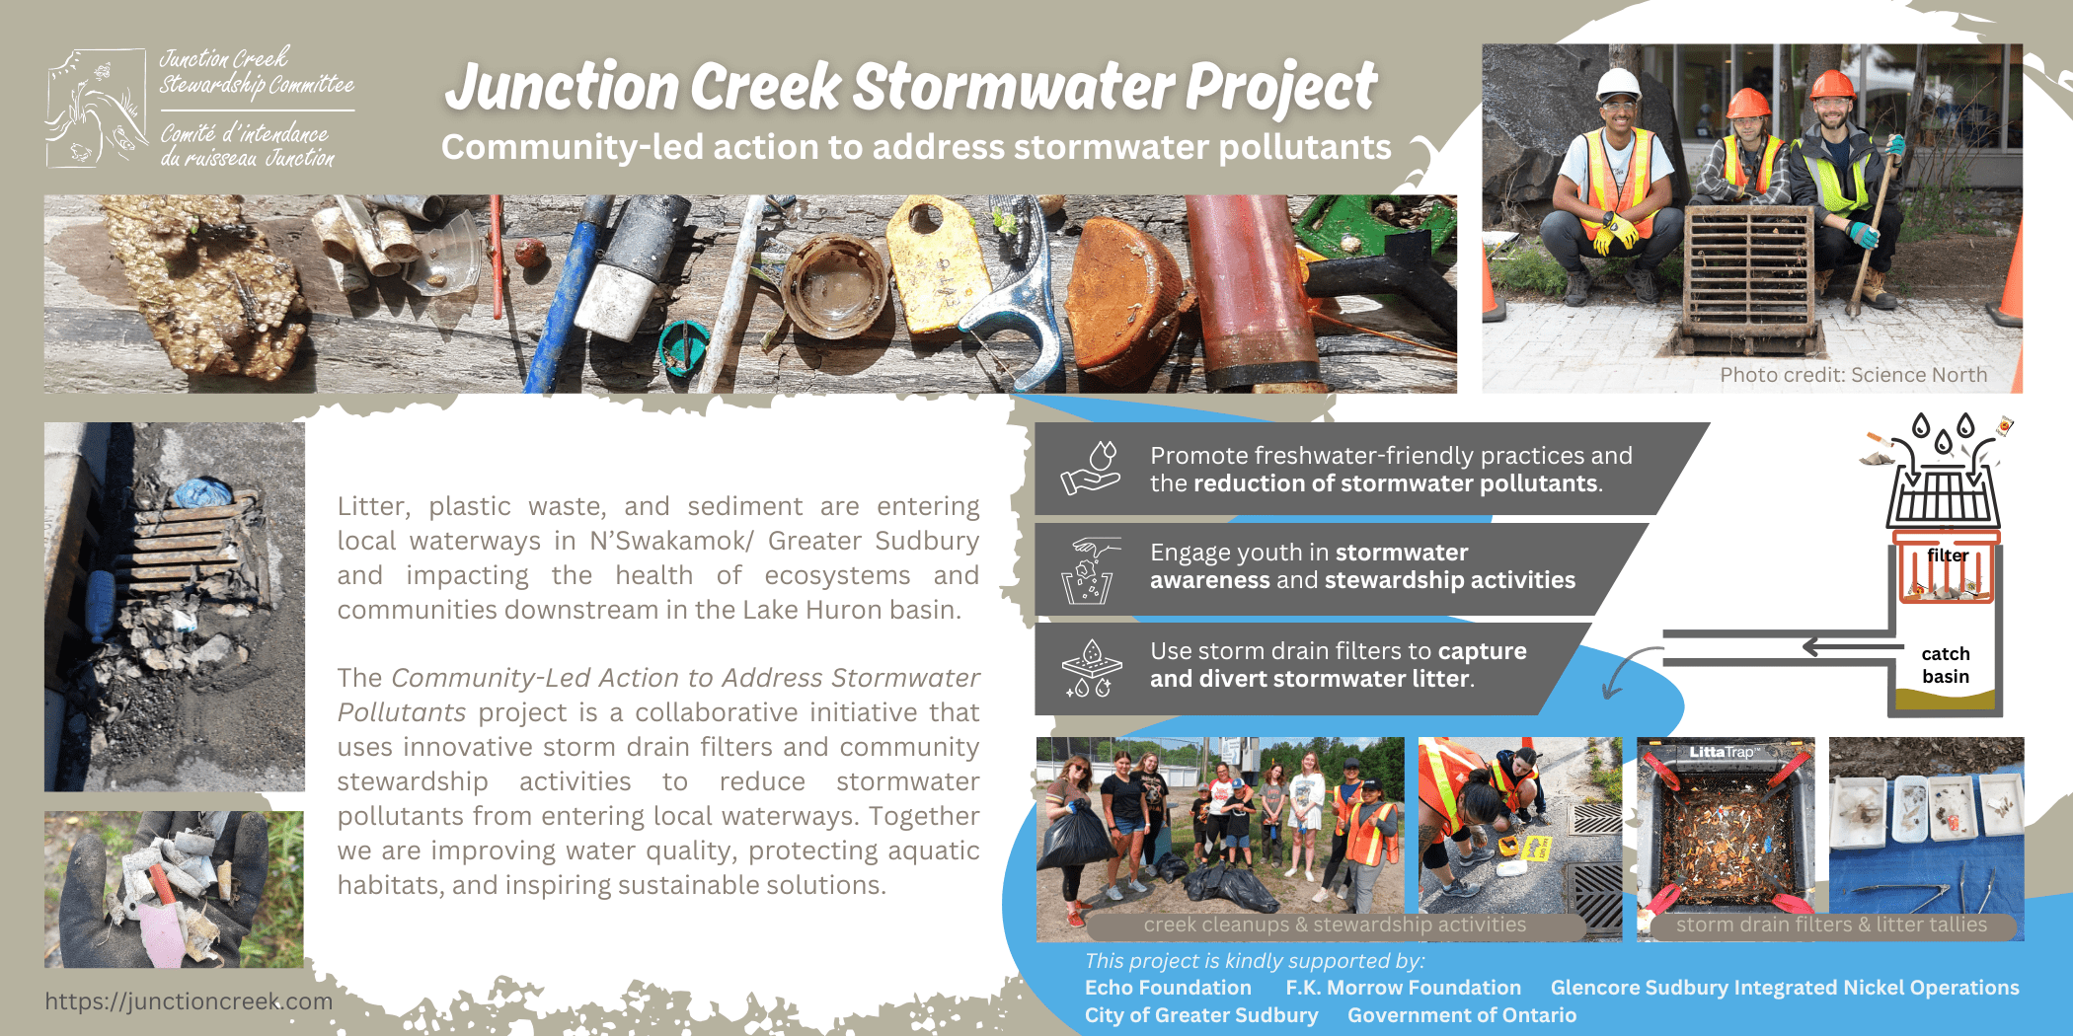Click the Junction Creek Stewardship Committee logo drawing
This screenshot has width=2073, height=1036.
tap(97, 109)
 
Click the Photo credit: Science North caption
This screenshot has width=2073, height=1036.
tap(1853, 375)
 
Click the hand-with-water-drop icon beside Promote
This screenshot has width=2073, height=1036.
tap(1091, 469)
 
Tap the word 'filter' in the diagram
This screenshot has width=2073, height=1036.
tap(1948, 555)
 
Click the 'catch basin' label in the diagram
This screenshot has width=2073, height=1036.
tap(1946, 665)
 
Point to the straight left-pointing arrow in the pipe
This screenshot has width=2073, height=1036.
tap(1853, 647)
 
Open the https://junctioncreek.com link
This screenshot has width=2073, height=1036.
tap(189, 1001)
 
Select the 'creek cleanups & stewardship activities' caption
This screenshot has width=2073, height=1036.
tap(1335, 925)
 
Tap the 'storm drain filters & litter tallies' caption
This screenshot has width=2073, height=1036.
tap(1831, 925)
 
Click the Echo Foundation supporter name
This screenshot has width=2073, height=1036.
tap(1168, 988)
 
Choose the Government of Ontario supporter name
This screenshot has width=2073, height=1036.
tap(1462, 1015)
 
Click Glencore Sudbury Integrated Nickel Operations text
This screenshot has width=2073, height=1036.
tap(1785, 988)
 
